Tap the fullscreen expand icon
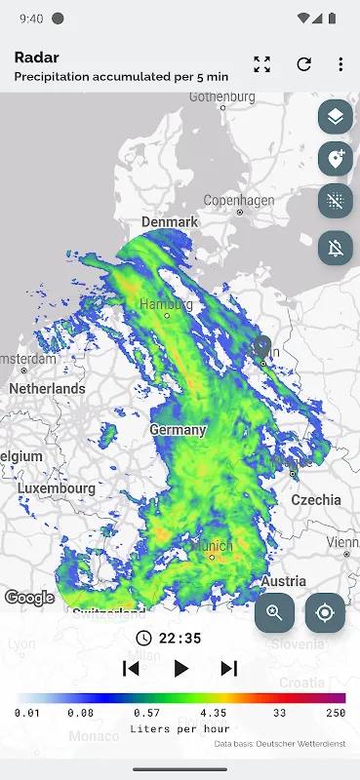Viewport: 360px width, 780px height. pyautogui.click(x=261, y=64)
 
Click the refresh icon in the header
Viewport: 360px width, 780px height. pyautogui.click(x=303, y=64)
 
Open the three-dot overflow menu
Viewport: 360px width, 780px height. pyautogui.click(x=340, y=64)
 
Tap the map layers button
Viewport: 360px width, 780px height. pyautogui.click(x=336, y=117)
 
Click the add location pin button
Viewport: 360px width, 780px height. pyautogui.click(x=336, y=159)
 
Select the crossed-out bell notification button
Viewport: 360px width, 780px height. pyautogui.click(x=336, y=248)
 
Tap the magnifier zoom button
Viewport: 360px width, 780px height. pyautogui.click(x=275, y=613)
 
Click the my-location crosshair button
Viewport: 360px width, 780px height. pyautogui.click(x=325, y=613)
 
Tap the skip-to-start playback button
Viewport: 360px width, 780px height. pyautogui.click(x=131, y=668)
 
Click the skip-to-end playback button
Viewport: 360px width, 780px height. pyautogui.click(x=229, y=668)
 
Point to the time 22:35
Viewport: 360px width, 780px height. pyautogui.click(x=180, y=639)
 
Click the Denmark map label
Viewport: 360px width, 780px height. pyautogui.click(x=170, y=221)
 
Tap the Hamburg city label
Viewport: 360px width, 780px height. pyautogui.click(x=166, y=303)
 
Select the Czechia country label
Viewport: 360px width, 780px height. pyautogui.click(x=316, y=499)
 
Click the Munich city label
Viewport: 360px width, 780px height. pyautogui.click(x=212, y=546)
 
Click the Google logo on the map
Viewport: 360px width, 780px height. pyautogui.click(x=29, y=598)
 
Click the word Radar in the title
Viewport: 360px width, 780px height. pyautogui.click(x=36, y=58)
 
